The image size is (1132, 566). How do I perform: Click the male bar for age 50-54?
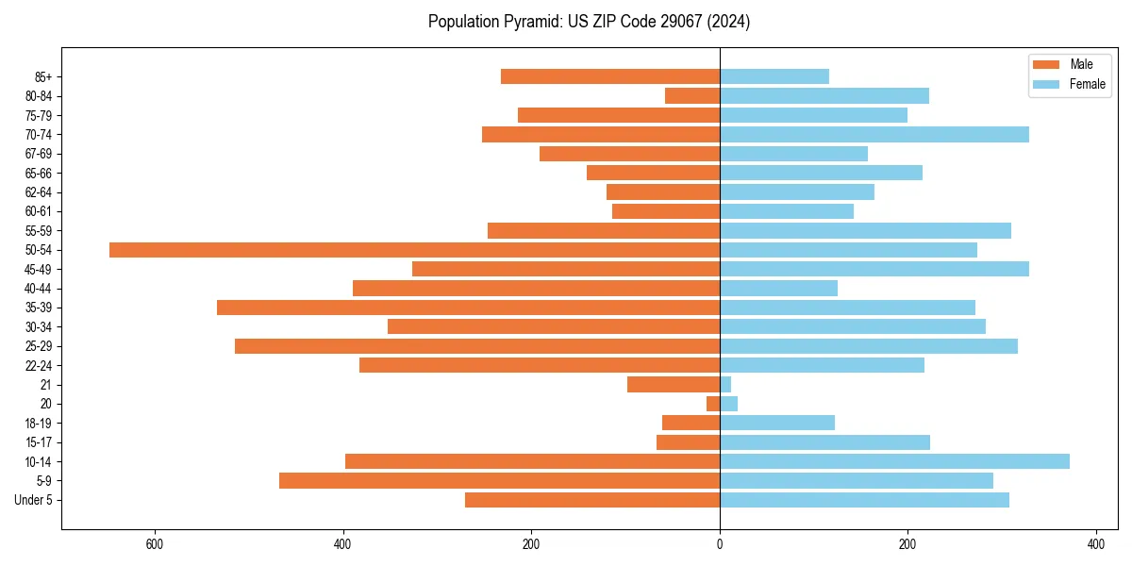[x=414, y=250]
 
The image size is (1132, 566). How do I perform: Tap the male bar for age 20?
[x=713, y=404]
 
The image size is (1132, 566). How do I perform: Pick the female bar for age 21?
[x=725, y=384]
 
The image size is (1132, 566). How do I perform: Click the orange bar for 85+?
[x=610, y=76]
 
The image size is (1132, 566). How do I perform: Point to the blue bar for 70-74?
[x=874, y=134]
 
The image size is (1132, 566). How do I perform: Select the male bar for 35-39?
[x=468, y=308]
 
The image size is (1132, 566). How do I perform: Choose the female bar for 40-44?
[x=778, y=288]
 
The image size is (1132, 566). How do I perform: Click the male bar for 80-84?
[x=692, y=95]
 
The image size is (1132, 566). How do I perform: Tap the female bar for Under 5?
[x=864, y=500]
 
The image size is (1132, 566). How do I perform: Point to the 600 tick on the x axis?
[x=155, y=545]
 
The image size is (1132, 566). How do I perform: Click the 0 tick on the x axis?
[x=720, y=545]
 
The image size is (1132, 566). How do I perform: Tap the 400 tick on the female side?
[x=1095, y=545]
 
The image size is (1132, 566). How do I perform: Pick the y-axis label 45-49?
[x=39, y=269]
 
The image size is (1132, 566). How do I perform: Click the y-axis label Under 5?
[x=34, y=500]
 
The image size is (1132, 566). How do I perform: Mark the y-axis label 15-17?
[x=39, y=442]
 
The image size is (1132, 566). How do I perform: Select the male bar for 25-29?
[x=477, y=346]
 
